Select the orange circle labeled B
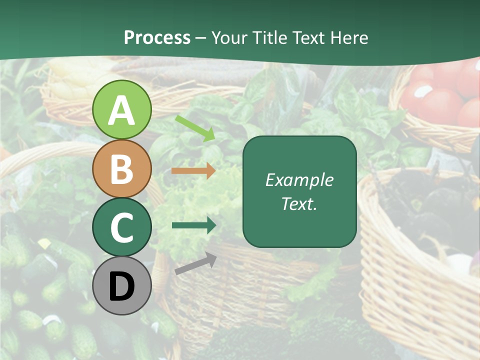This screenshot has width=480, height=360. click(121, 168)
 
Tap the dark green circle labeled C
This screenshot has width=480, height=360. click(121, 227)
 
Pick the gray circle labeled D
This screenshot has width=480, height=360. click(121, 285)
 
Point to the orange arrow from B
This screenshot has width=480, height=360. click(193, 170)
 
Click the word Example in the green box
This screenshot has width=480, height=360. click(299, 180)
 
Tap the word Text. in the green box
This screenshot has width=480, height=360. click(299, 203)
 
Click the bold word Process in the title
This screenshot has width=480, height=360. click(157, 38)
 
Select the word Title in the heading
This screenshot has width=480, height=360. click(268, 38)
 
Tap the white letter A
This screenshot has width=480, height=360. click(121, 110)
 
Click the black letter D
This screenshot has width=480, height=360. click(121, 287)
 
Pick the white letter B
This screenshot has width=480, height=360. click(121, 169)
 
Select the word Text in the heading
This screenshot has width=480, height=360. click(309, 38)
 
